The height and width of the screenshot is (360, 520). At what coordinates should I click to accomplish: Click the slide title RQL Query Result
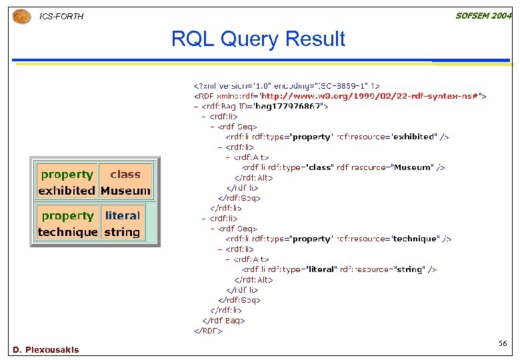click(x=258, y=39)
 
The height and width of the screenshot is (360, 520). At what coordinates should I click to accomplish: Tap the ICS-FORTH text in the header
click(x=62, y=16)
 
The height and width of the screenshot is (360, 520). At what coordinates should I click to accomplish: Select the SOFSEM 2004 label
click(x=483, y=15)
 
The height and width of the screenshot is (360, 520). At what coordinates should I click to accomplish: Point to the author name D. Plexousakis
click(x=45, y=349)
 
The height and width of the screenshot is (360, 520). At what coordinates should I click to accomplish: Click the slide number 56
click(x=503, y=343)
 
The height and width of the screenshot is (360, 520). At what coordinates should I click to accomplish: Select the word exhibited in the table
click(x=67, y=191)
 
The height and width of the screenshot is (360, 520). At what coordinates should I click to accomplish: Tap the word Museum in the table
click(x=125, y=191)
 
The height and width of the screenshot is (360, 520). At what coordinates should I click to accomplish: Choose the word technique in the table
click(x=67, y=232)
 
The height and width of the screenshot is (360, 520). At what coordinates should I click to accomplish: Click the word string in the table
click(x=122, y=232)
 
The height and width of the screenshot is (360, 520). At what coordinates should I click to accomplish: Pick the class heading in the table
click(x=125, y=175)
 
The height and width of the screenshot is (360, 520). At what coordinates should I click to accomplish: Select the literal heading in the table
click(x=122, y=216)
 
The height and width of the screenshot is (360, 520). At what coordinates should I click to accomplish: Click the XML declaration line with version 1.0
click(x=287, y=85)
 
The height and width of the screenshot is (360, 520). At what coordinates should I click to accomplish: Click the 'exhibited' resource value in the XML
click(x=413, y=137)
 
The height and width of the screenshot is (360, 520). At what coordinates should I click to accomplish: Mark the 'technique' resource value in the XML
click(x=415, y=239)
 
